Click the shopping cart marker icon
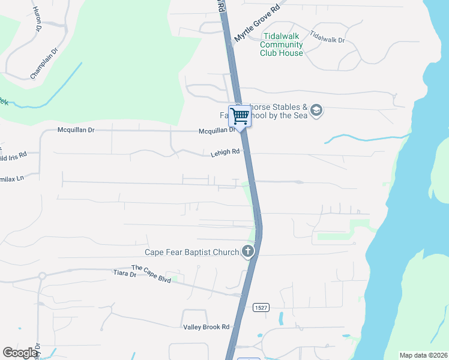240,116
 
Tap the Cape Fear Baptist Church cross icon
248,252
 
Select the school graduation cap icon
317,110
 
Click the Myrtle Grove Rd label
258,24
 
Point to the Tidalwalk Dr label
328,40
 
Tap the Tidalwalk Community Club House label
282,44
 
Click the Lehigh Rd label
224,153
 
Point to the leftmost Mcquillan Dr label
76,130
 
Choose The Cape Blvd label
151,274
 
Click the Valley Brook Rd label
206,327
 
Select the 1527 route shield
261,307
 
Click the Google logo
20,353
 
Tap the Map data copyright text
423,355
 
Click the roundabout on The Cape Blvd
42,277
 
